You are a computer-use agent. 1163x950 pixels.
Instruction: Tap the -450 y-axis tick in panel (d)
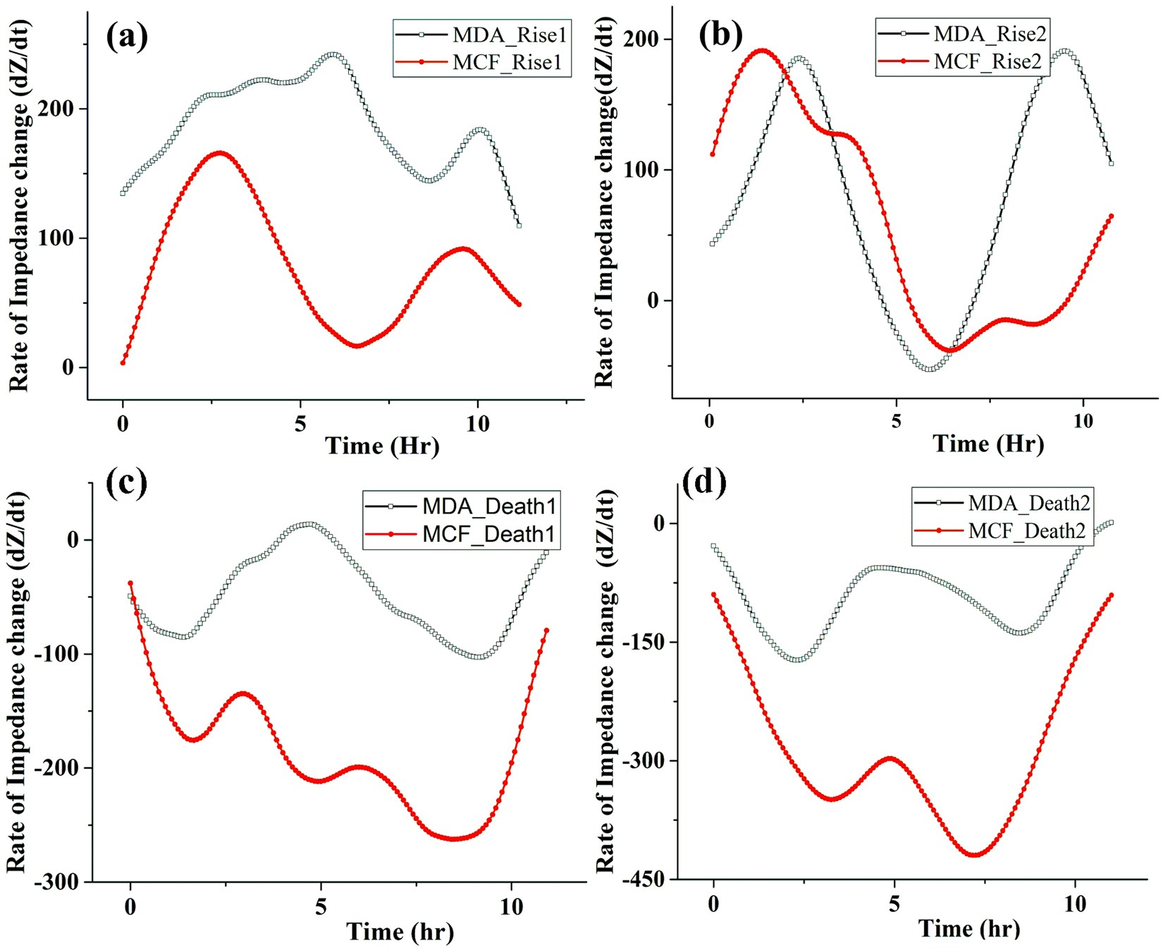(641, 879)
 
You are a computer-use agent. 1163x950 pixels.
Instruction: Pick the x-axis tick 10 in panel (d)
(1075, 904)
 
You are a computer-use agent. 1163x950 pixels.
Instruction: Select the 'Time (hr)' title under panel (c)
(400, 932)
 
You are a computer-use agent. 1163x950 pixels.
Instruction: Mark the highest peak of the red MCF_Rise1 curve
(220, 152)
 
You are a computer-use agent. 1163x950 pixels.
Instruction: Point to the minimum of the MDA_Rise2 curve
(931, 369)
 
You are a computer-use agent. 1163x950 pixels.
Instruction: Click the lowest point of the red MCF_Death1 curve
(454, 839)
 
